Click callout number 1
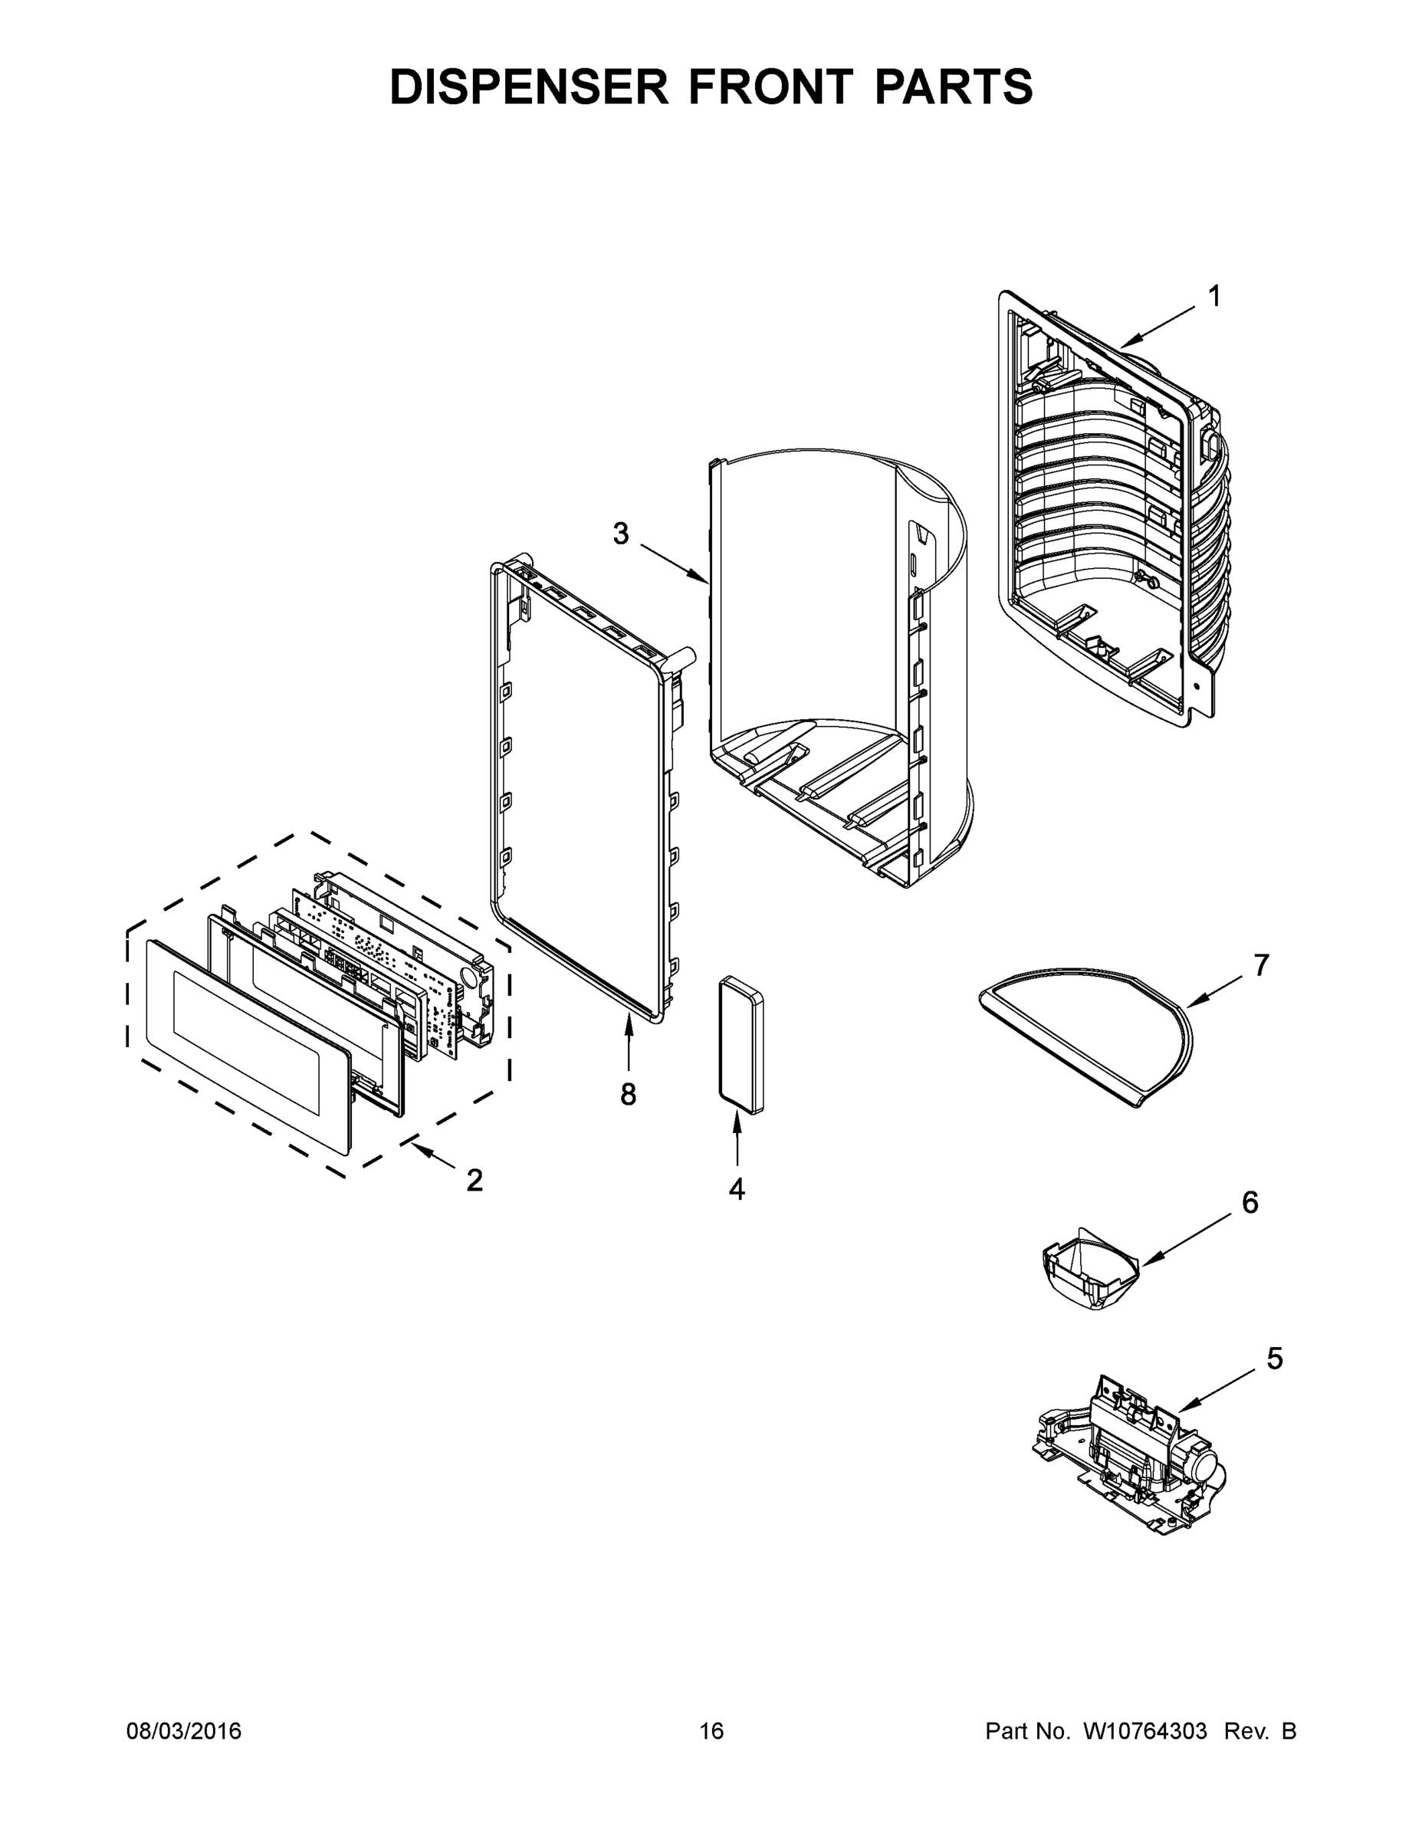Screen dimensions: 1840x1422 click(x=1214, y=297)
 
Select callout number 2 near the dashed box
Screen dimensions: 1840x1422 click(x=475, y=1181)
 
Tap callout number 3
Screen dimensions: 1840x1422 click(x=621, y=534)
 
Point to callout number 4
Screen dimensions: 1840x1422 click(x=736, y=1189)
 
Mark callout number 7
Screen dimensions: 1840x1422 click(x=1261, y=965)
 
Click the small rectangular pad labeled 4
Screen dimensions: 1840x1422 click(x=741, y=1047)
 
